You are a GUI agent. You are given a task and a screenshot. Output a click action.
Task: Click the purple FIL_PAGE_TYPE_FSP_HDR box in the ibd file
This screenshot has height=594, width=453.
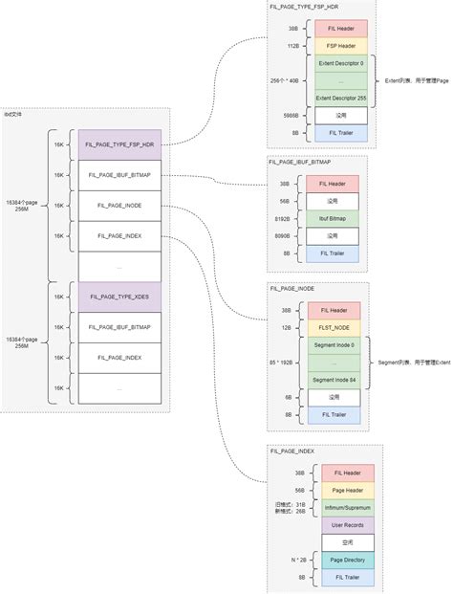click(x=119, y=144)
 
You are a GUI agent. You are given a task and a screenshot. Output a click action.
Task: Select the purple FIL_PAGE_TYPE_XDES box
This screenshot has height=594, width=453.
click(x=119, y=297)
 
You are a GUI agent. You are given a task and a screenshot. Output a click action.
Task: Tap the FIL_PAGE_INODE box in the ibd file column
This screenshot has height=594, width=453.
click(x=119, y=206)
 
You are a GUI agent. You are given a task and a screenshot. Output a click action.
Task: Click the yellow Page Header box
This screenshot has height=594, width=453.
click(x=347, y=490)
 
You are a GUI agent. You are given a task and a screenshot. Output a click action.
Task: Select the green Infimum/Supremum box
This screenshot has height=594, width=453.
click(x=347, y=507)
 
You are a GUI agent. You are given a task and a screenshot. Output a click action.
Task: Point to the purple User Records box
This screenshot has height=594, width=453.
click(x=347, y=525)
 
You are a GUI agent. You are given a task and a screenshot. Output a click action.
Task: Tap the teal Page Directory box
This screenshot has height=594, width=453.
click(x=347, y=561)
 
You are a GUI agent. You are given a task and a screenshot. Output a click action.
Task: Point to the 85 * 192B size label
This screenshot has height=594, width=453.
click(x=282, y=363)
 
